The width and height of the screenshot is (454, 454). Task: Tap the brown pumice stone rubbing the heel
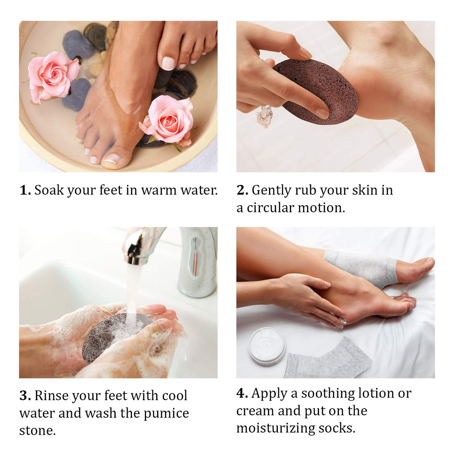point(315,90)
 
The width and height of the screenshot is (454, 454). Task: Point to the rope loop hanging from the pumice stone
point(265,116)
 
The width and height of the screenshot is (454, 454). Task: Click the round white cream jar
point(267,346)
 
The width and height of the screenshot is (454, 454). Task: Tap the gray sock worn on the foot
point(362,267)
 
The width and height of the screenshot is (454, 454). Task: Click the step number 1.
point(24,190)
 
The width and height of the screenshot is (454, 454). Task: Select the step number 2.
point(242,190)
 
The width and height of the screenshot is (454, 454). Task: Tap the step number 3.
point(25,396)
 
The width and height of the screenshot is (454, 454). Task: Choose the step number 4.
point(242,393)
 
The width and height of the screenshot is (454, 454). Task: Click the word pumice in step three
point(166,414)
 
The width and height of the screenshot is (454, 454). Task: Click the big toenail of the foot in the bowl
point(112,158)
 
